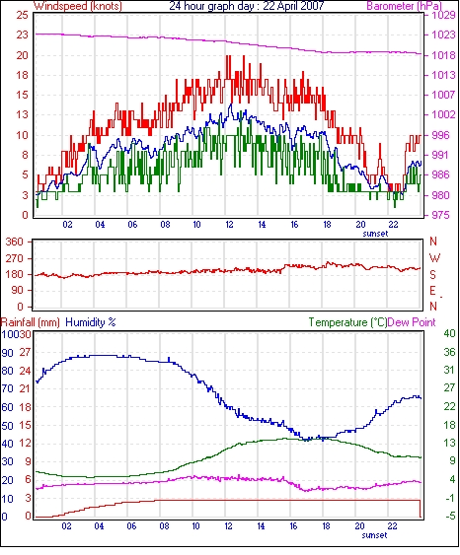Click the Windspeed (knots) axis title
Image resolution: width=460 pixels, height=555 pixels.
coord(78,6)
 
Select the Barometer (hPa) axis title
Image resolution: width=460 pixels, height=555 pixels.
coord(404,6)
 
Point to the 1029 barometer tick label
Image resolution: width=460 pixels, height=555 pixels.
coord(443,15)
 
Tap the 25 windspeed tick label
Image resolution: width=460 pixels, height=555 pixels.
coord(22,15)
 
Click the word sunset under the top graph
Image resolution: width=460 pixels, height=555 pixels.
coord(375,234)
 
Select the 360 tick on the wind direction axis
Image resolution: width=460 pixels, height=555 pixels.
coord(14,243)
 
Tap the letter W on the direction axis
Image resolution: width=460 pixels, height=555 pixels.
coord(434,258)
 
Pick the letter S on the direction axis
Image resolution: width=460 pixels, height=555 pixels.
coord(432,275)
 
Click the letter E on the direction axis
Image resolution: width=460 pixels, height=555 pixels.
coord(432,291)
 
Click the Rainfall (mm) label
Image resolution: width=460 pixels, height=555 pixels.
coord(31,322)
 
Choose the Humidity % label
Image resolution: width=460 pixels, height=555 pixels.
coord(91,322)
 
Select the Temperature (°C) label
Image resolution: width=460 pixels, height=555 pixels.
coord(347,322)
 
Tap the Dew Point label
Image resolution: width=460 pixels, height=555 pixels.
coord(412,322)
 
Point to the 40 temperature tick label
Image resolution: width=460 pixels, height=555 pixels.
coord(449,333)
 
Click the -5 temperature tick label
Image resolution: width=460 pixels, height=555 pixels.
coord(449,517)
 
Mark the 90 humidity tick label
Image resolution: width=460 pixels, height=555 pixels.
coord(7,353)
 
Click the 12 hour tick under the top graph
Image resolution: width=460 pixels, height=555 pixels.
coord(229,225)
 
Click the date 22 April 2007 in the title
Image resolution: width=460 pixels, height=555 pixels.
coord(293,6)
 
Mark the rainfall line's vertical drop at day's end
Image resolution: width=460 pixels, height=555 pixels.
coord(421,509)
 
